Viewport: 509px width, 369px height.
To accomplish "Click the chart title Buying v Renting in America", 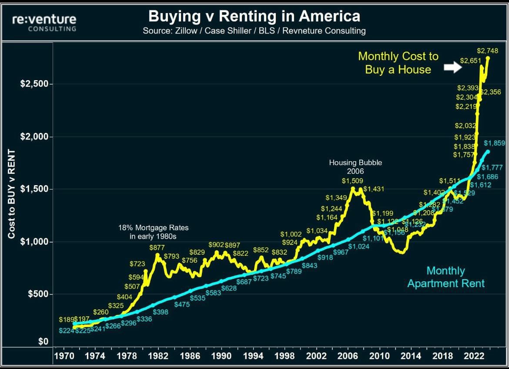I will point(254,16).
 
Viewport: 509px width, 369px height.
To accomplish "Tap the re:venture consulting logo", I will point(44,23).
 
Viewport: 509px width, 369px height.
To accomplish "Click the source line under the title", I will point(254,31).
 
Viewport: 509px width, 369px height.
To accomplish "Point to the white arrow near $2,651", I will point(452,67).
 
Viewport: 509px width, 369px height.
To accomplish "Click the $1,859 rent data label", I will point(495,143).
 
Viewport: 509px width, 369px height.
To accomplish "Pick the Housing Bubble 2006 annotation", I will point(355,167).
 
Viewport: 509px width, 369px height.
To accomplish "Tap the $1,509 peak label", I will point(352,180).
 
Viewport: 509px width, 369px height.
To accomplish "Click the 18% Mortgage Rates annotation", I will point(154,232).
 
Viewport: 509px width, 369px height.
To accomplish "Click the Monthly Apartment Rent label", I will point(446,277).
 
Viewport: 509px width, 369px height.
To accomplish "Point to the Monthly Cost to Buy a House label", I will point(398,63).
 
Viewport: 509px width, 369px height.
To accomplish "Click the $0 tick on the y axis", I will point(43,342).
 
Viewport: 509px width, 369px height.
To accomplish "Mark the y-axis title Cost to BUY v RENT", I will point(12,194).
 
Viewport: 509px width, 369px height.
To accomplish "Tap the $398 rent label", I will point(161,312).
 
